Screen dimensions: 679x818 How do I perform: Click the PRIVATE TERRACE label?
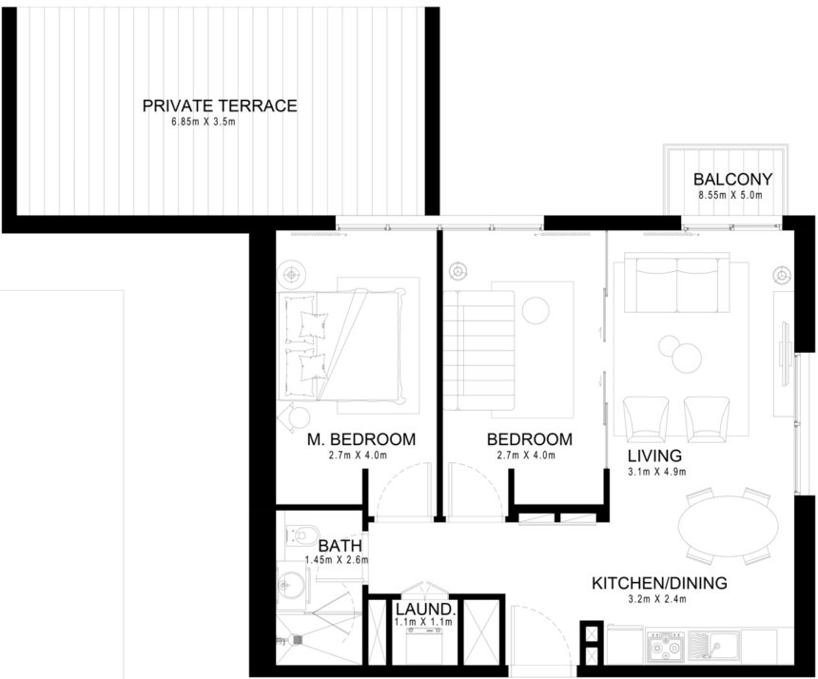coord(220,106)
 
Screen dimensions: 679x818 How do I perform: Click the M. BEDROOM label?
coord(361,439)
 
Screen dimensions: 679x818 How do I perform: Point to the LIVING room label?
coord(653,456)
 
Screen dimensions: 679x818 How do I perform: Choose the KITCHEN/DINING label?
coord(659,583)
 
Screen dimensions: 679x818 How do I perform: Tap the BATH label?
coord(338,546)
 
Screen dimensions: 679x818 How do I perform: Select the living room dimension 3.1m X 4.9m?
coord(656,471)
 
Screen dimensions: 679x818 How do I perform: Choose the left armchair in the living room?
coord(646,418)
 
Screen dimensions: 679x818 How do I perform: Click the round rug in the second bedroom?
coord(535,310)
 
